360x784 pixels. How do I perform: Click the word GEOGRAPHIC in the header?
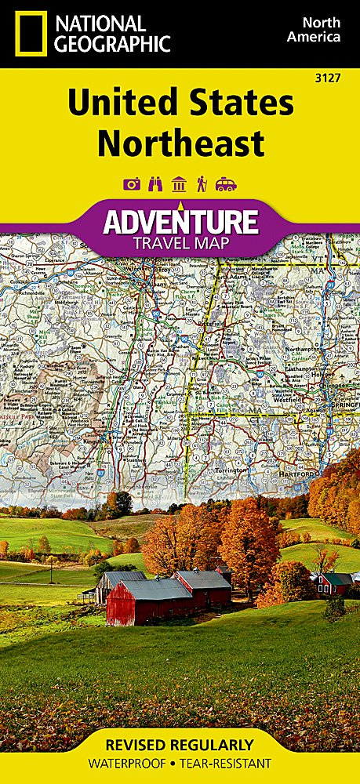[x=111, y=43]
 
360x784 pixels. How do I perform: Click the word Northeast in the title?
[x=180, y=144]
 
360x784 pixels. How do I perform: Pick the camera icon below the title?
[x=132, y=184]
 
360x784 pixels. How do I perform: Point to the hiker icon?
[x=202, y=184]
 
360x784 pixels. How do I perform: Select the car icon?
[x=226, y=184]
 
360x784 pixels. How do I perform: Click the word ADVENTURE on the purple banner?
[x=180, y=221]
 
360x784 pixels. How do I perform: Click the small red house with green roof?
[x=334, y=583]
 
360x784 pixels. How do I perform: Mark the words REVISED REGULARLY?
[x=180, y=745]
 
